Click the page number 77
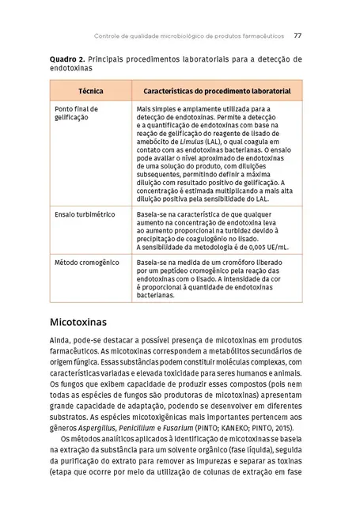click(297, 36)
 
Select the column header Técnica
click(90, 93)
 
